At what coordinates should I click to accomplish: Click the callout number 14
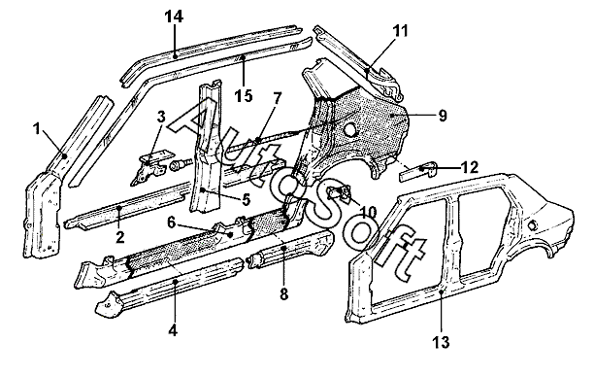(x=175, y=17)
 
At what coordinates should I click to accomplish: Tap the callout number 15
(x=244, y=95)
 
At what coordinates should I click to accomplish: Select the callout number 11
(x=400, y=31)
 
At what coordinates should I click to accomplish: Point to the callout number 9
(x=443, y=116)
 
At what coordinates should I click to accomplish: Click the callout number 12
(x=470, y=167)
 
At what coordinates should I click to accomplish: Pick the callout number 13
(x=441, y=342)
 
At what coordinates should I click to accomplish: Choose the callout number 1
(x=37, y=129)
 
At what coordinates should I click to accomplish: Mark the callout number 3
(x=161, y=117)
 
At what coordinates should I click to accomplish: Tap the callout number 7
(x=278, y=99)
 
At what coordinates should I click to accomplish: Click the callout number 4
(x=173, y=330)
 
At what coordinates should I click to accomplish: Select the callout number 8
(x=284, y=293)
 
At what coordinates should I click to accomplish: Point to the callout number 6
(x=171, y=223)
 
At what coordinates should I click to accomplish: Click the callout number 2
(x=120, y=238)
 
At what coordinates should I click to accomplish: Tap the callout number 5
(x=247, y=199)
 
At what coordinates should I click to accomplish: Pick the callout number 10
(x=368, y=212)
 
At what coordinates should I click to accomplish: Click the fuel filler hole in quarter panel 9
(x=351, y=129)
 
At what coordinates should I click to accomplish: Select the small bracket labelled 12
(x=418, y=171)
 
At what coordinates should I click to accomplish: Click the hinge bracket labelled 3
(x=150, y=168)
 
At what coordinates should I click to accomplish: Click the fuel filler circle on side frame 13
(x=532, y=225)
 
